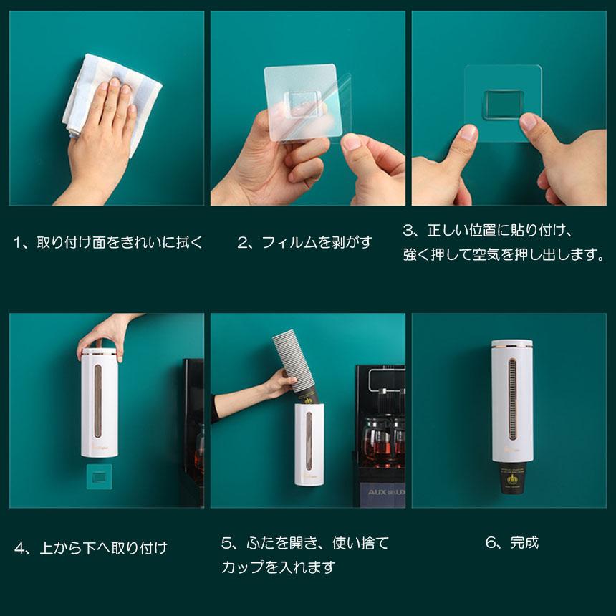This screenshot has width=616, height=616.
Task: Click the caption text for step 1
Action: click(x=107, y=242)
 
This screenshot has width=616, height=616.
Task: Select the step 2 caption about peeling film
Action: click(x=305, y=242)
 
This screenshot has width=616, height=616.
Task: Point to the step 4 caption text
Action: click(x=91, y=548)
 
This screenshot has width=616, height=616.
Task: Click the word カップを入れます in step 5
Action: click(x=278, y=567)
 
